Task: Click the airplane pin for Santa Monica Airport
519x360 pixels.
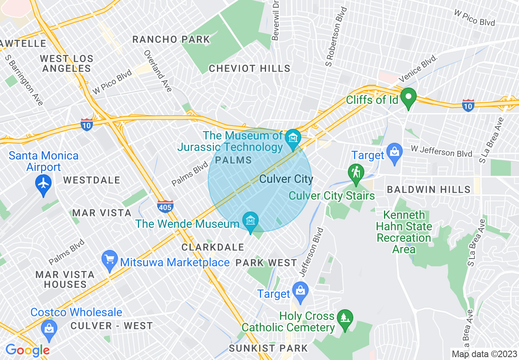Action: click(x=44, y=183)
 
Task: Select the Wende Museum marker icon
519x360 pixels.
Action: click(x=250, y=221)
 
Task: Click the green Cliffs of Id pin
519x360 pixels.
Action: click(x=408, y=98)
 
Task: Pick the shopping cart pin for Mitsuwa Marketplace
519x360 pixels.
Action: click(x=110, y=260)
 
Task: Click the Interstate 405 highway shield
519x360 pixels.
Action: click(x=165, y=207)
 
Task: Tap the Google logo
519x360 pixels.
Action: click(x=27, y=350)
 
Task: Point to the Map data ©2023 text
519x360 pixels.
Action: click(x=484, y=354)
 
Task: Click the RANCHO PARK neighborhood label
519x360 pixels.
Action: click(x=171, y=40)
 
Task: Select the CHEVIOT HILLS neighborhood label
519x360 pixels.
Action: click(x=250, y=69)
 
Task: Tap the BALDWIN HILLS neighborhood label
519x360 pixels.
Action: click(x=429, y=190)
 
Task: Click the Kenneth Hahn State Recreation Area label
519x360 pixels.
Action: click(x=404, y=232)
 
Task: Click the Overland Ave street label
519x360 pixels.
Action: click(x=158, y=71)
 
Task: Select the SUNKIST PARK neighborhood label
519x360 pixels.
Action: click(x=268, y=349)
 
